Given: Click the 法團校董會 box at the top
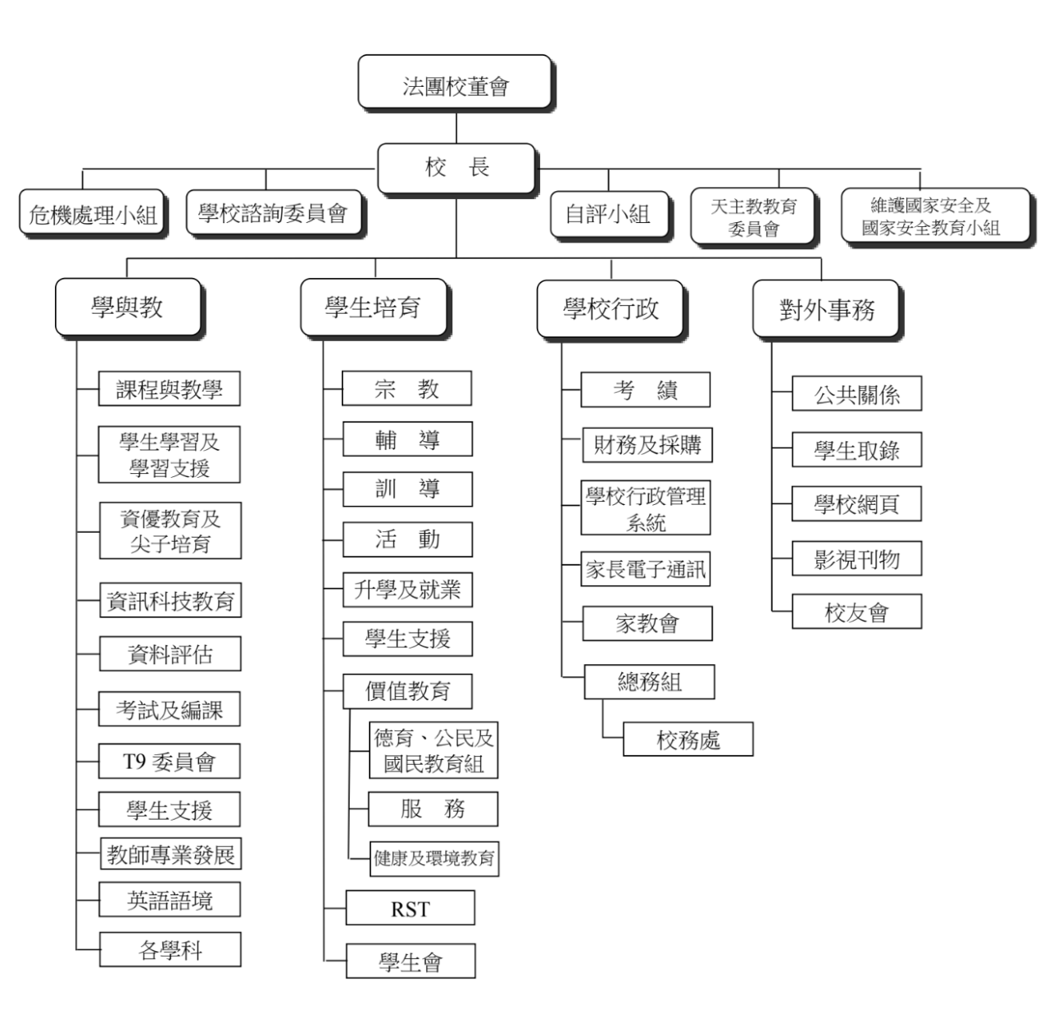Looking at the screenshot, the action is point(456,83).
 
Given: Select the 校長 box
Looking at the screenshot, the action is point(456,169).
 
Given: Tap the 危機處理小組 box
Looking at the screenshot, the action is point(92,213).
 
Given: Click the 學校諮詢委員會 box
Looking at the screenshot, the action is point(275,213).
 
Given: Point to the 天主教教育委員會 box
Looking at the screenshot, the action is point(754,216).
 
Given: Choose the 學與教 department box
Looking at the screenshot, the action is point(129,308).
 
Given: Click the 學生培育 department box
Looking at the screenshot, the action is point(375,308).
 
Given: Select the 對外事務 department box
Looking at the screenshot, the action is point(827,310).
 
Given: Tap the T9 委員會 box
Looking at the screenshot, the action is point(170,761).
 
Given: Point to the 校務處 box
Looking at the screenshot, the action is point(688,739).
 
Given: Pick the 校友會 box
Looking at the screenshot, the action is point(856,611).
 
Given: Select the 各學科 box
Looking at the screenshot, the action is point(170,949).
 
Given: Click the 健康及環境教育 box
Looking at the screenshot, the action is point(434,858).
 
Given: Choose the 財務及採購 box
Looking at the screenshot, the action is point(647,445).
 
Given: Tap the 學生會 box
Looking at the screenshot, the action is point(411,960).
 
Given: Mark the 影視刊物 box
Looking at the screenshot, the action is point(856,558).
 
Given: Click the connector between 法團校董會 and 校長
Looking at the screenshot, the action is point(456,127).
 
